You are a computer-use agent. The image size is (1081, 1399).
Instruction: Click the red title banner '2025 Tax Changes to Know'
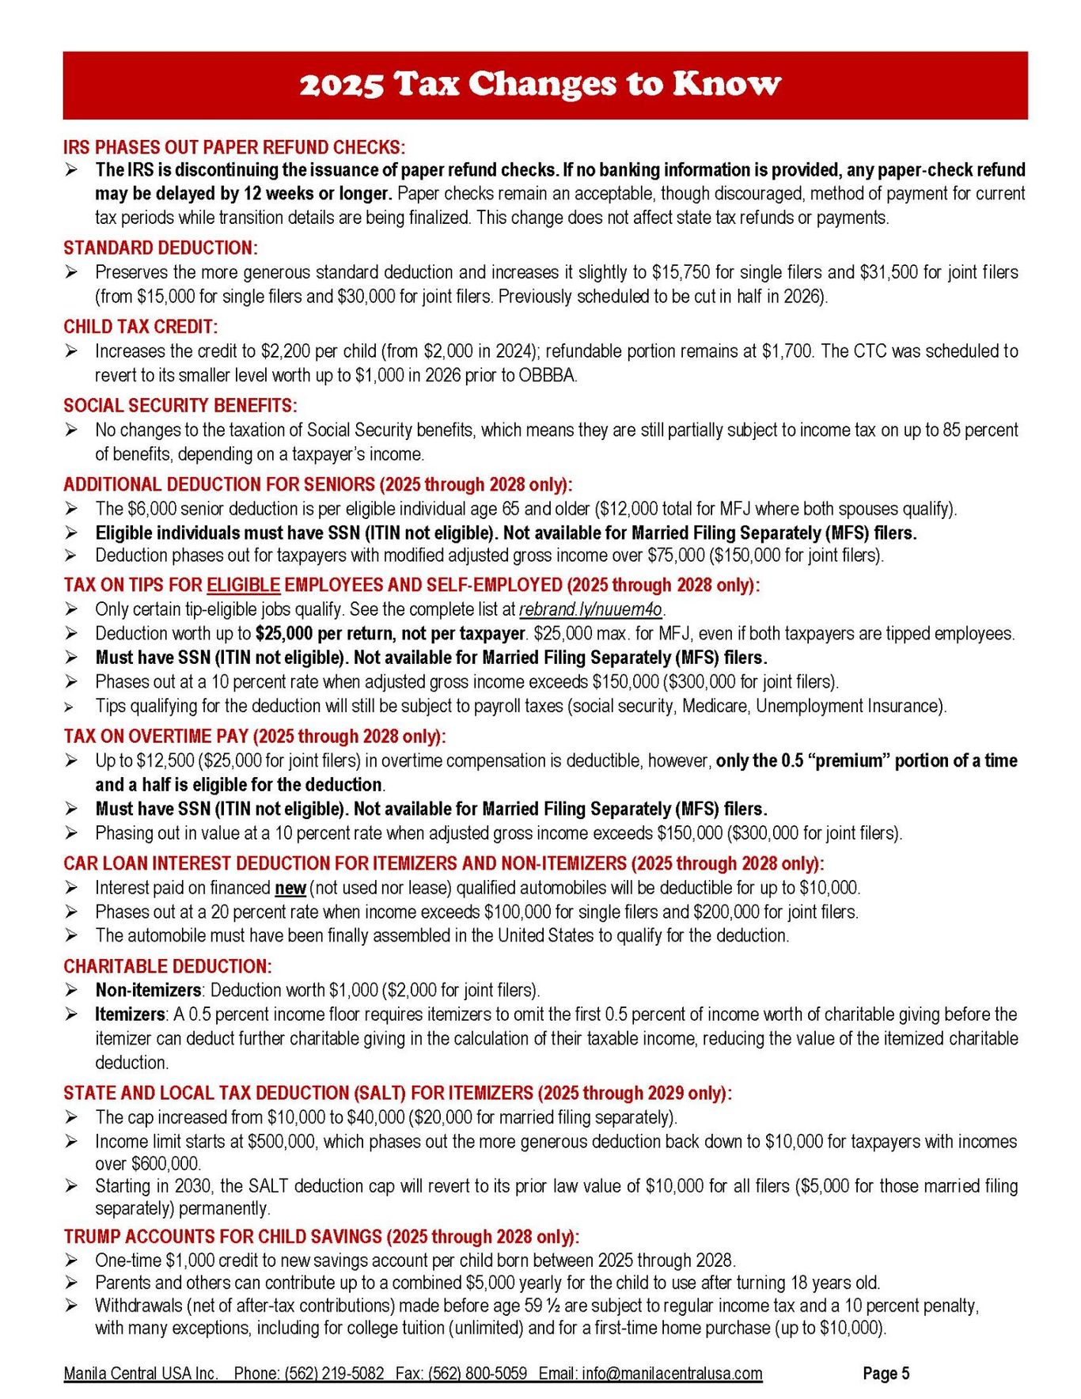coord(540,85)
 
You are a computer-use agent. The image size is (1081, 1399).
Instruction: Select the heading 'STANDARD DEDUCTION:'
coord(161,248)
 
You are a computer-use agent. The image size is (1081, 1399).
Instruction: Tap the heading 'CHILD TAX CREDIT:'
coord(141,327)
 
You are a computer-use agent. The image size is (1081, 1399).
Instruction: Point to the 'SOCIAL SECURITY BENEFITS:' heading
coord(180,406)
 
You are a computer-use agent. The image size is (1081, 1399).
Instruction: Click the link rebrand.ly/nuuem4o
coord(591,609)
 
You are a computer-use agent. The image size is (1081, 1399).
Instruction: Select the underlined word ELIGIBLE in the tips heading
coord(244,586)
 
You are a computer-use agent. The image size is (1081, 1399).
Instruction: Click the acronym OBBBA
coord(548,375)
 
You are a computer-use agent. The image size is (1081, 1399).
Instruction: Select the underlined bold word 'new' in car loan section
coord(290,888)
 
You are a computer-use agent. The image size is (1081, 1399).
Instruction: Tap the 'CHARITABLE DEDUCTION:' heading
coord(168,966)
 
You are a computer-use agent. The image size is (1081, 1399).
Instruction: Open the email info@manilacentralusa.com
coord(673,1373)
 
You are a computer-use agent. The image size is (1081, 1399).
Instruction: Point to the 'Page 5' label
coord(886,1373)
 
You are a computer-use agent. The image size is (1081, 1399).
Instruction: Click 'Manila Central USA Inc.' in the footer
coord(141,1373)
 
